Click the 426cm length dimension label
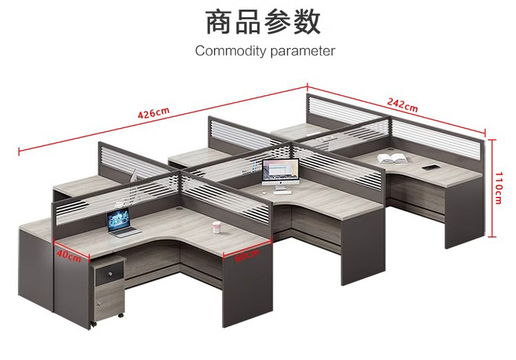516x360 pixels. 153,113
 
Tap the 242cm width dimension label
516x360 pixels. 402,105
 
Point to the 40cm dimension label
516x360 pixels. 69,257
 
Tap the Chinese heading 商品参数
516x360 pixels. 264,22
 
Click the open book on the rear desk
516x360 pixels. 394,158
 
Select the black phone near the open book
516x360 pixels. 429,167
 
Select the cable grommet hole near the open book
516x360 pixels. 394,148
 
